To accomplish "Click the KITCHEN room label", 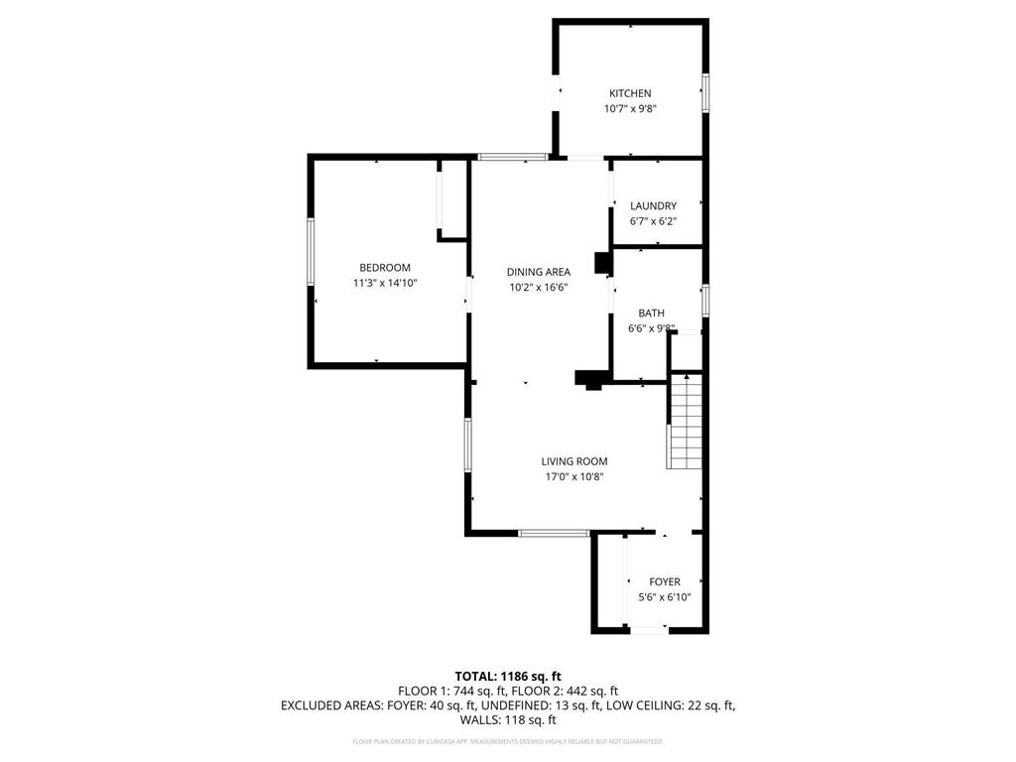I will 630,93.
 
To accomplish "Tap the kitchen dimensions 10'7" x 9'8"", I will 630,110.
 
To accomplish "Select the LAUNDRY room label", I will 653,206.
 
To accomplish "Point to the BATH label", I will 651,314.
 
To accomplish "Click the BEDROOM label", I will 384,268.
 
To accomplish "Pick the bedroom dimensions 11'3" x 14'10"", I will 384,284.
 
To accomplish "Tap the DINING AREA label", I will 538,272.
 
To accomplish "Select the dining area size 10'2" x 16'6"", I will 538,288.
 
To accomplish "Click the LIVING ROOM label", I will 573,461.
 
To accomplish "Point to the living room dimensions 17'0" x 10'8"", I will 573,477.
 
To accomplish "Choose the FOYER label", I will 665,582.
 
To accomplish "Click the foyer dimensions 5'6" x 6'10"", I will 664,598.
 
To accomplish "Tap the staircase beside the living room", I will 686,421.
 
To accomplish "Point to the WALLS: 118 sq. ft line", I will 507,721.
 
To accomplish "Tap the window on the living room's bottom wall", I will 555,534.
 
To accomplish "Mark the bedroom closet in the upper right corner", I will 452,198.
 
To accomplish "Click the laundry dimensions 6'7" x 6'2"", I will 653,221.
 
